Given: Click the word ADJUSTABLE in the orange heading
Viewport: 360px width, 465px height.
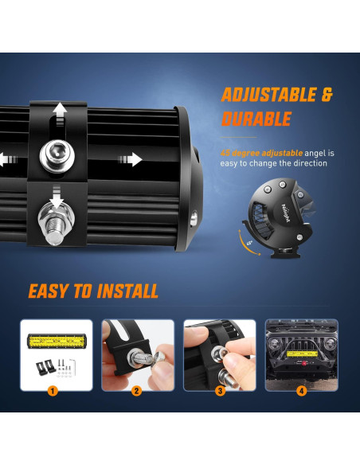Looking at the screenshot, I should (264, 96).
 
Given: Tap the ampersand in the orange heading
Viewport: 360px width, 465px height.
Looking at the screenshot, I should (325, 96).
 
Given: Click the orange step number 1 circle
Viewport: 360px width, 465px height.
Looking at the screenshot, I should (52, 391).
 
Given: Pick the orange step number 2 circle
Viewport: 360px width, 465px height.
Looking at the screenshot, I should (137, 391).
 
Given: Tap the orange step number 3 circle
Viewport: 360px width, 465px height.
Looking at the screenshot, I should (220, 391).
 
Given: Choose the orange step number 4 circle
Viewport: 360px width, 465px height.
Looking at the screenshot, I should (302, 391).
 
